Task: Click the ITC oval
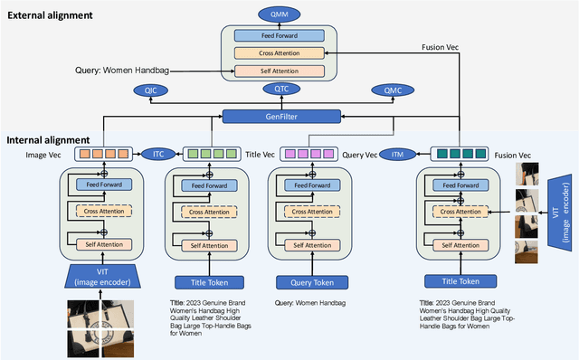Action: click(156, 154)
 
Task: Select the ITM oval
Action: click(395, 154)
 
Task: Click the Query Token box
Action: click(299, 280)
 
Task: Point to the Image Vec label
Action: click(43, 155)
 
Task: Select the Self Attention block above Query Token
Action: click(299, 245)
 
